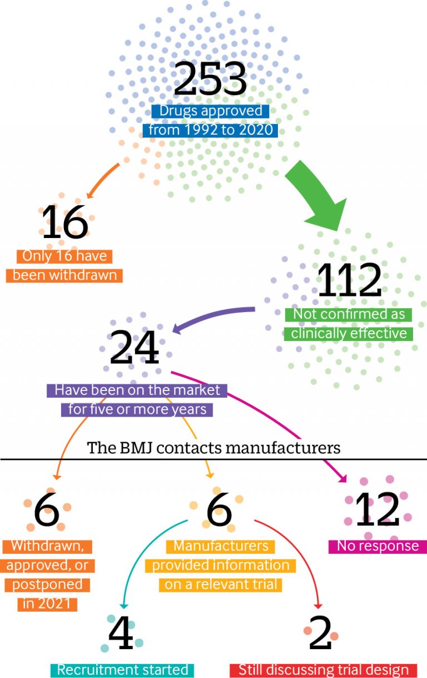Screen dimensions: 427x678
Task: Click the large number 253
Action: pos(210,78)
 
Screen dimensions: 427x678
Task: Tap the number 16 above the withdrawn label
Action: pos(64,221)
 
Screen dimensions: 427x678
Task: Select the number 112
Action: pos(349,279)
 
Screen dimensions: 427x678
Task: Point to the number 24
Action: pos(135,347)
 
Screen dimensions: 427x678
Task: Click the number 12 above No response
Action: pos(378,509)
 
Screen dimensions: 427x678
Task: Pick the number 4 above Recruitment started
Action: pos(121,632)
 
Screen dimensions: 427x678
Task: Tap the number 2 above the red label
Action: pos(320,632)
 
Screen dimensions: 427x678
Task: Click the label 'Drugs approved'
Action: pos(210,111)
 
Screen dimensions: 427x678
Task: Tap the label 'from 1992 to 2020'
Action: pos(210,130)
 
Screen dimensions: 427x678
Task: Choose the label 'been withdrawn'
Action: pos(64,276)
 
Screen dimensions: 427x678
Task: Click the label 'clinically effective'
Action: pos(348,334)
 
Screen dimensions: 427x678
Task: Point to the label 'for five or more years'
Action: pos(137,409)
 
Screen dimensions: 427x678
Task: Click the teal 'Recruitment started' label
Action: pos(122,670)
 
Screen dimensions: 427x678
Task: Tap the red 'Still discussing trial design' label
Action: pos(323,670)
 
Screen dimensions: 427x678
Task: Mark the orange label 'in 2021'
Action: pos(47,604)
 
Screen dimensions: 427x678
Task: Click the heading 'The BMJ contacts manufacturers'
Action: pos(213,448)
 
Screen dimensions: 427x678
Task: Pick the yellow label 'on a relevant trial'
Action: pos(221,585)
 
